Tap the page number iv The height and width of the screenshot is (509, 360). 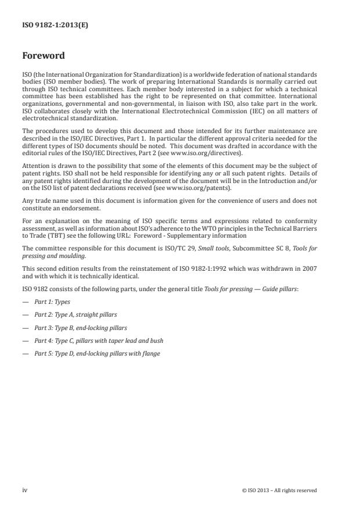pyautogui.click(x=24, y=490)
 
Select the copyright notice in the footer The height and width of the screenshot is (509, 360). pyautogui.click(x=279, y=490)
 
